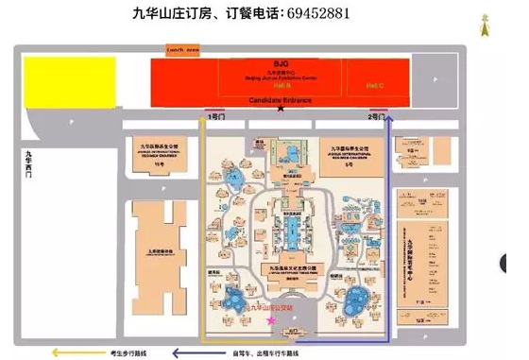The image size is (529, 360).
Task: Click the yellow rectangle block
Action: coord(69,78)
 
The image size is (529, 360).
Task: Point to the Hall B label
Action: coord(270,85)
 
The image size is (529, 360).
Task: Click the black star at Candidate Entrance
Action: coord(279,109)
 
